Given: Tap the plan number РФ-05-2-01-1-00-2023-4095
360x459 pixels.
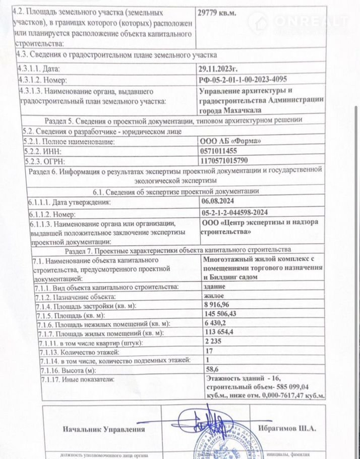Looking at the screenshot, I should (250, 80).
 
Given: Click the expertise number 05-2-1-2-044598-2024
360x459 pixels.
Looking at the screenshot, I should (239, 213).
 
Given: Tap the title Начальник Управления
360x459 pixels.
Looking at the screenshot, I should (103, 429).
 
